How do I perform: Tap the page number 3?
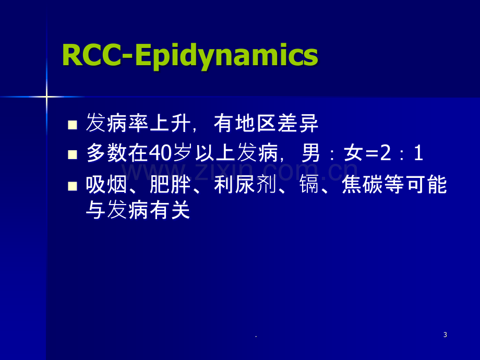coord(445,334)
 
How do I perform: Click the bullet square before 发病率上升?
coord(72,125)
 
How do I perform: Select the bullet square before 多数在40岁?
coord(72,154)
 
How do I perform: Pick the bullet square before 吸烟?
coord(72,186)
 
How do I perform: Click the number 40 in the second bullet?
coord(160,153)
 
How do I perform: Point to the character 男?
coord(311,153)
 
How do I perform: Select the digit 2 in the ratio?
coord(386,153)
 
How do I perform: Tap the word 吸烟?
coord(106,185)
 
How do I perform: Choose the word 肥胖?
coord(170,185)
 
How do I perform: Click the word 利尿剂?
coord(245,185)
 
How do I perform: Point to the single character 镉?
coord(309,185)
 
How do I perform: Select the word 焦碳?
coord(363,185)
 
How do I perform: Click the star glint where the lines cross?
coord(46,97)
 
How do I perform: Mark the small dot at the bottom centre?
coord(256,337)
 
